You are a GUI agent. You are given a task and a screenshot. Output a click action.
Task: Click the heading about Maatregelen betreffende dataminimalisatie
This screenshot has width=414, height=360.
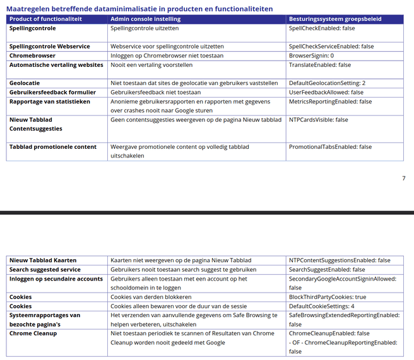tap(139, 9)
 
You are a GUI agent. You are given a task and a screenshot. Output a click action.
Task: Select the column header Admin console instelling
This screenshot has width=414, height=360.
tap(145, 20)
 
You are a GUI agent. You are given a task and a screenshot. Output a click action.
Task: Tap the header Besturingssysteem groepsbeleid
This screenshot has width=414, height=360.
tap(334, 20)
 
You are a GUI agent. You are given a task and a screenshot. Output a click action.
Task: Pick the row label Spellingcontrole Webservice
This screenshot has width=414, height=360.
tap(50, 47)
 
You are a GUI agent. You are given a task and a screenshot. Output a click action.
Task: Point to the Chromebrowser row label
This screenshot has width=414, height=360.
tap(33, 56)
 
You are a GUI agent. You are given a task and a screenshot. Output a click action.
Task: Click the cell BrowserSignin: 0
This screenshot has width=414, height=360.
tap(311, 56)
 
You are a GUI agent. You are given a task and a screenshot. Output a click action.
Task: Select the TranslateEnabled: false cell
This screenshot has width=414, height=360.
tap(320, 65)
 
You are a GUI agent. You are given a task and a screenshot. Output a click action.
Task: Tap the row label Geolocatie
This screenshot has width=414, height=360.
tap(25, 83)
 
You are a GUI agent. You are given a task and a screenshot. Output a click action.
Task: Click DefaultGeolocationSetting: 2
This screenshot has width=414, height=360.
tap(327, 83)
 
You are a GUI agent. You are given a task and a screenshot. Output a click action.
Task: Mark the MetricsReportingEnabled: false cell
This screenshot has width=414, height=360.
tap(330, 102)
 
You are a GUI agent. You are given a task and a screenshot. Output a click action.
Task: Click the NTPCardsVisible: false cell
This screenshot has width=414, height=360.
tap(318, 120)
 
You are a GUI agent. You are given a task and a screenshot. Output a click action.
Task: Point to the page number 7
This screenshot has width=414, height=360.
tap(404, 178)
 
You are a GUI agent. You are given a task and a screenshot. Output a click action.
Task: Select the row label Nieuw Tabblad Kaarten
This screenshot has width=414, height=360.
tap(43, 260)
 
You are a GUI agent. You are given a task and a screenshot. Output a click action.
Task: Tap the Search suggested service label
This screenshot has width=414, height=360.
tap(45, 270)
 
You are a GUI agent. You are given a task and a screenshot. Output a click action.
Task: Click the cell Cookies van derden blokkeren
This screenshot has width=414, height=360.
tap(151, 297)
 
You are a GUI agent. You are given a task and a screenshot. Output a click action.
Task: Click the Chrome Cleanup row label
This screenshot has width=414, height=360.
tap(33, 334)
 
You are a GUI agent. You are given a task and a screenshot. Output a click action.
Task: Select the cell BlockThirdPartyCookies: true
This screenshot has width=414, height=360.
tap(327, 297)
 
